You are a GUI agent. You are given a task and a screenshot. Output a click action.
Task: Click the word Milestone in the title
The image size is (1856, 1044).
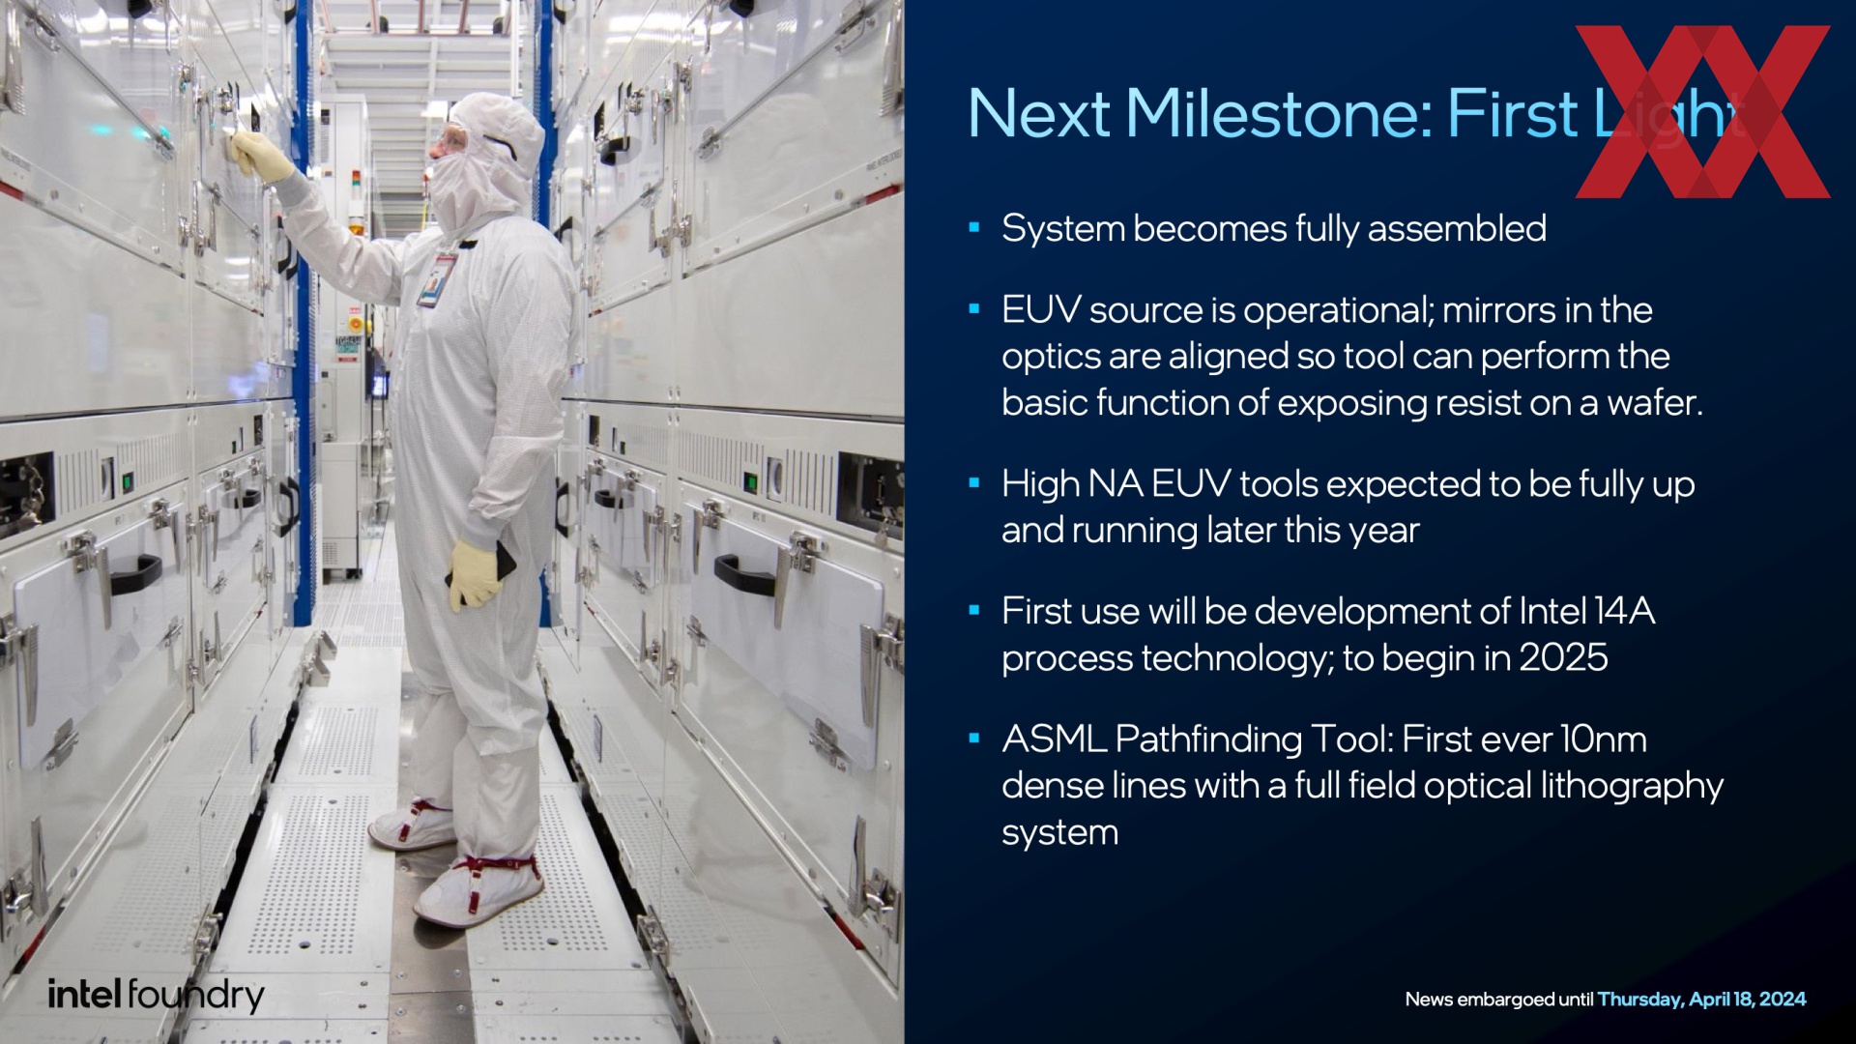1278,114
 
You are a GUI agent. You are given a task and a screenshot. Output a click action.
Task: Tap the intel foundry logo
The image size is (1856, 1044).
156,996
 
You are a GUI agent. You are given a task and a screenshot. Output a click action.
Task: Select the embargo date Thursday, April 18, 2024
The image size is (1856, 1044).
1701,1000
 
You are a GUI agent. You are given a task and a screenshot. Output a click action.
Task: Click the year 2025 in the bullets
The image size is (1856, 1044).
1563,658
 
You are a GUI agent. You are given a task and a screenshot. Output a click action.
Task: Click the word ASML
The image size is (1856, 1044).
1054,739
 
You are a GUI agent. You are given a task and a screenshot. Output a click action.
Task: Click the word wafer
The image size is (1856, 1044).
1655,403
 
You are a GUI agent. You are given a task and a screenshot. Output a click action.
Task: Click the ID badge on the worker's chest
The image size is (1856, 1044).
436,278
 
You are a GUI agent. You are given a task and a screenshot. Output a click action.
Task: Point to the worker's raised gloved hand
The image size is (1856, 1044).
261,155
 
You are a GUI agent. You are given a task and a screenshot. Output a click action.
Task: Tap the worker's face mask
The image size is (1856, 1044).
462,192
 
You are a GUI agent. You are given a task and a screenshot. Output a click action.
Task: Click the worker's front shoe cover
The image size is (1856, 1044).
478,889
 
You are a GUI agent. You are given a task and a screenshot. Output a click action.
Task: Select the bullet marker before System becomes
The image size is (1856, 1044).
974,228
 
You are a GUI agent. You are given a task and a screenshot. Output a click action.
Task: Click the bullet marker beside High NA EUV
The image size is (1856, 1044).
974,483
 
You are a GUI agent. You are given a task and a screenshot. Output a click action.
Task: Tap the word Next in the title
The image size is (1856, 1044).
1039,114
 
